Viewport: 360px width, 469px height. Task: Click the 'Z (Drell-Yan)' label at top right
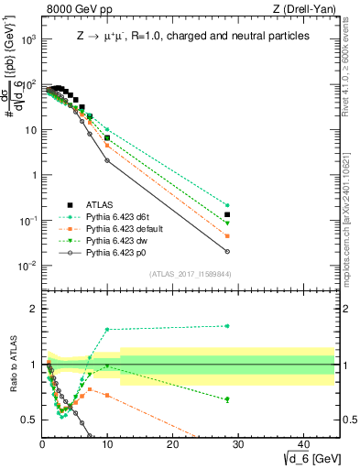[x=302, y=9]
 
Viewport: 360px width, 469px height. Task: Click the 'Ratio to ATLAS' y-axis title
[x=13, y=365]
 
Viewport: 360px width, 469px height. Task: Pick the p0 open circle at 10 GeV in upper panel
[x=107, y=160]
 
